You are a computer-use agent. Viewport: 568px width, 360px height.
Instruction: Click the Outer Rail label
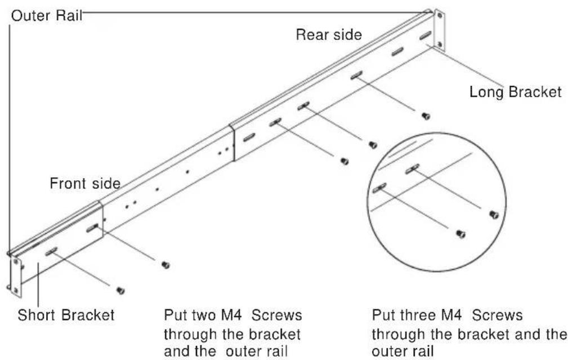click(x=47, y=16)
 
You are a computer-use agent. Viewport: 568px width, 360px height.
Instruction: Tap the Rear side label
click(x=329, y=35)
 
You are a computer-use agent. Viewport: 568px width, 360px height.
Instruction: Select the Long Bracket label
click(x=516, y=92)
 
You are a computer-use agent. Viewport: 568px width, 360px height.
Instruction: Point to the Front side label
click(x=85, y=184)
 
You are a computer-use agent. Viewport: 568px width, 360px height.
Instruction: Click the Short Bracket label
click(x=66, y=315)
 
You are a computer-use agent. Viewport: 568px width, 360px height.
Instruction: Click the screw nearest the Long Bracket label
click(x=426, y=116)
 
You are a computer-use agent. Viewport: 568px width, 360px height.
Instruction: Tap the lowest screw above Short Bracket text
click(x=120, y=290)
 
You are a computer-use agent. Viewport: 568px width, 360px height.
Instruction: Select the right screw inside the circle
click(x=494, y=215)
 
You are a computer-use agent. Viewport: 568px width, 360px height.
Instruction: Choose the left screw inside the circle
click(x=460, y=234)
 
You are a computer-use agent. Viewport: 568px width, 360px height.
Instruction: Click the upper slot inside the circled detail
click(x=412, y=169)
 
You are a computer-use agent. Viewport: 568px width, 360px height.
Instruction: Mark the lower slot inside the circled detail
click(x=379, y=188)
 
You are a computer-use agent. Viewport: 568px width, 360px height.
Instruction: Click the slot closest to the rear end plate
click(x=425, y=35)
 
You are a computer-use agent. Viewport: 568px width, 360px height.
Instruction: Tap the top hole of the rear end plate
click(x=440, y=16)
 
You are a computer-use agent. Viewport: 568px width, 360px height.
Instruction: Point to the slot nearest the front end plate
click(x=51, y=251)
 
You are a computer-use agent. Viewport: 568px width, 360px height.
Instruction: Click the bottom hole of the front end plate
click(x=15, y=290)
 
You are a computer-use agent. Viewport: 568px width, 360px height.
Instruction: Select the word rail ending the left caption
click(x=275, y=352)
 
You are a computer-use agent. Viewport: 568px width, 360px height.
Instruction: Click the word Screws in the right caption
click(x=498, y=315)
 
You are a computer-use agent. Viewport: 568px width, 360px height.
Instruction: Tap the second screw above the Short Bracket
click(x=166, y=265)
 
